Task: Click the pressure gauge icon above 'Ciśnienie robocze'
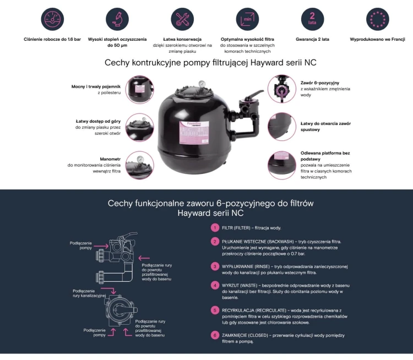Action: point(52,19)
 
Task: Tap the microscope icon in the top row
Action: point(117,19)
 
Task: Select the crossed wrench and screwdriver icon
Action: point(182,19)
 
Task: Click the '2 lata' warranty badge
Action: point(312,19)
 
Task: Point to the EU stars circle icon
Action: point(378,19)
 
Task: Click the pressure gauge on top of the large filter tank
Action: point(202,84)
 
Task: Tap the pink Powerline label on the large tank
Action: point(194,133)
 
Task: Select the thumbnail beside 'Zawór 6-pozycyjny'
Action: point(282,89)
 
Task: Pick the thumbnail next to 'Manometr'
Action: point(140,165)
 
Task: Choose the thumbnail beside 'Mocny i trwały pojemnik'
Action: point(140,90)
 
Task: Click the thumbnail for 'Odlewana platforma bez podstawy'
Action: point(282,165)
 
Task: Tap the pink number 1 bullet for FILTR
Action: point(215,228)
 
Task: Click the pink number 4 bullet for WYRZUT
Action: point(215,285)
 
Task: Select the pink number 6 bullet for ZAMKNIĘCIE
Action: point(215,335)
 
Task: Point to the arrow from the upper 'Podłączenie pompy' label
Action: point(101,246)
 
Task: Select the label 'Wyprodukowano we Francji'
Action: point(377,39)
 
